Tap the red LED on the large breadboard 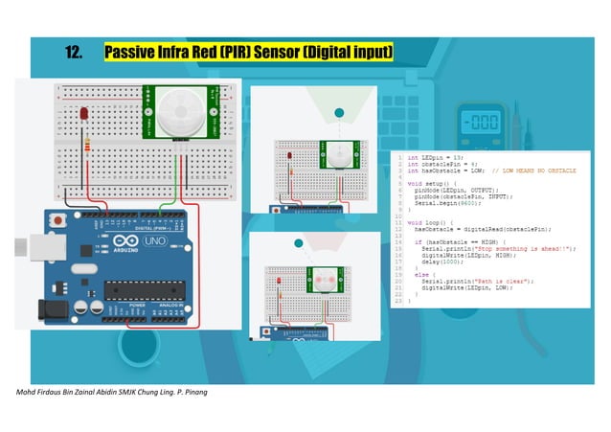(85, 116)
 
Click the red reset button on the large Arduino (60, 221)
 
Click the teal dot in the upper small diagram (337, 113)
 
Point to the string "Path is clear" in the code (494, 280)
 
